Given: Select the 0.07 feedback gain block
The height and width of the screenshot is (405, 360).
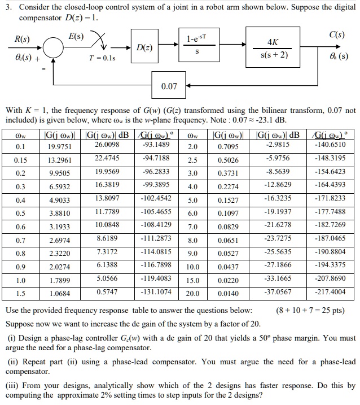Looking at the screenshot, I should point(169,86).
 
